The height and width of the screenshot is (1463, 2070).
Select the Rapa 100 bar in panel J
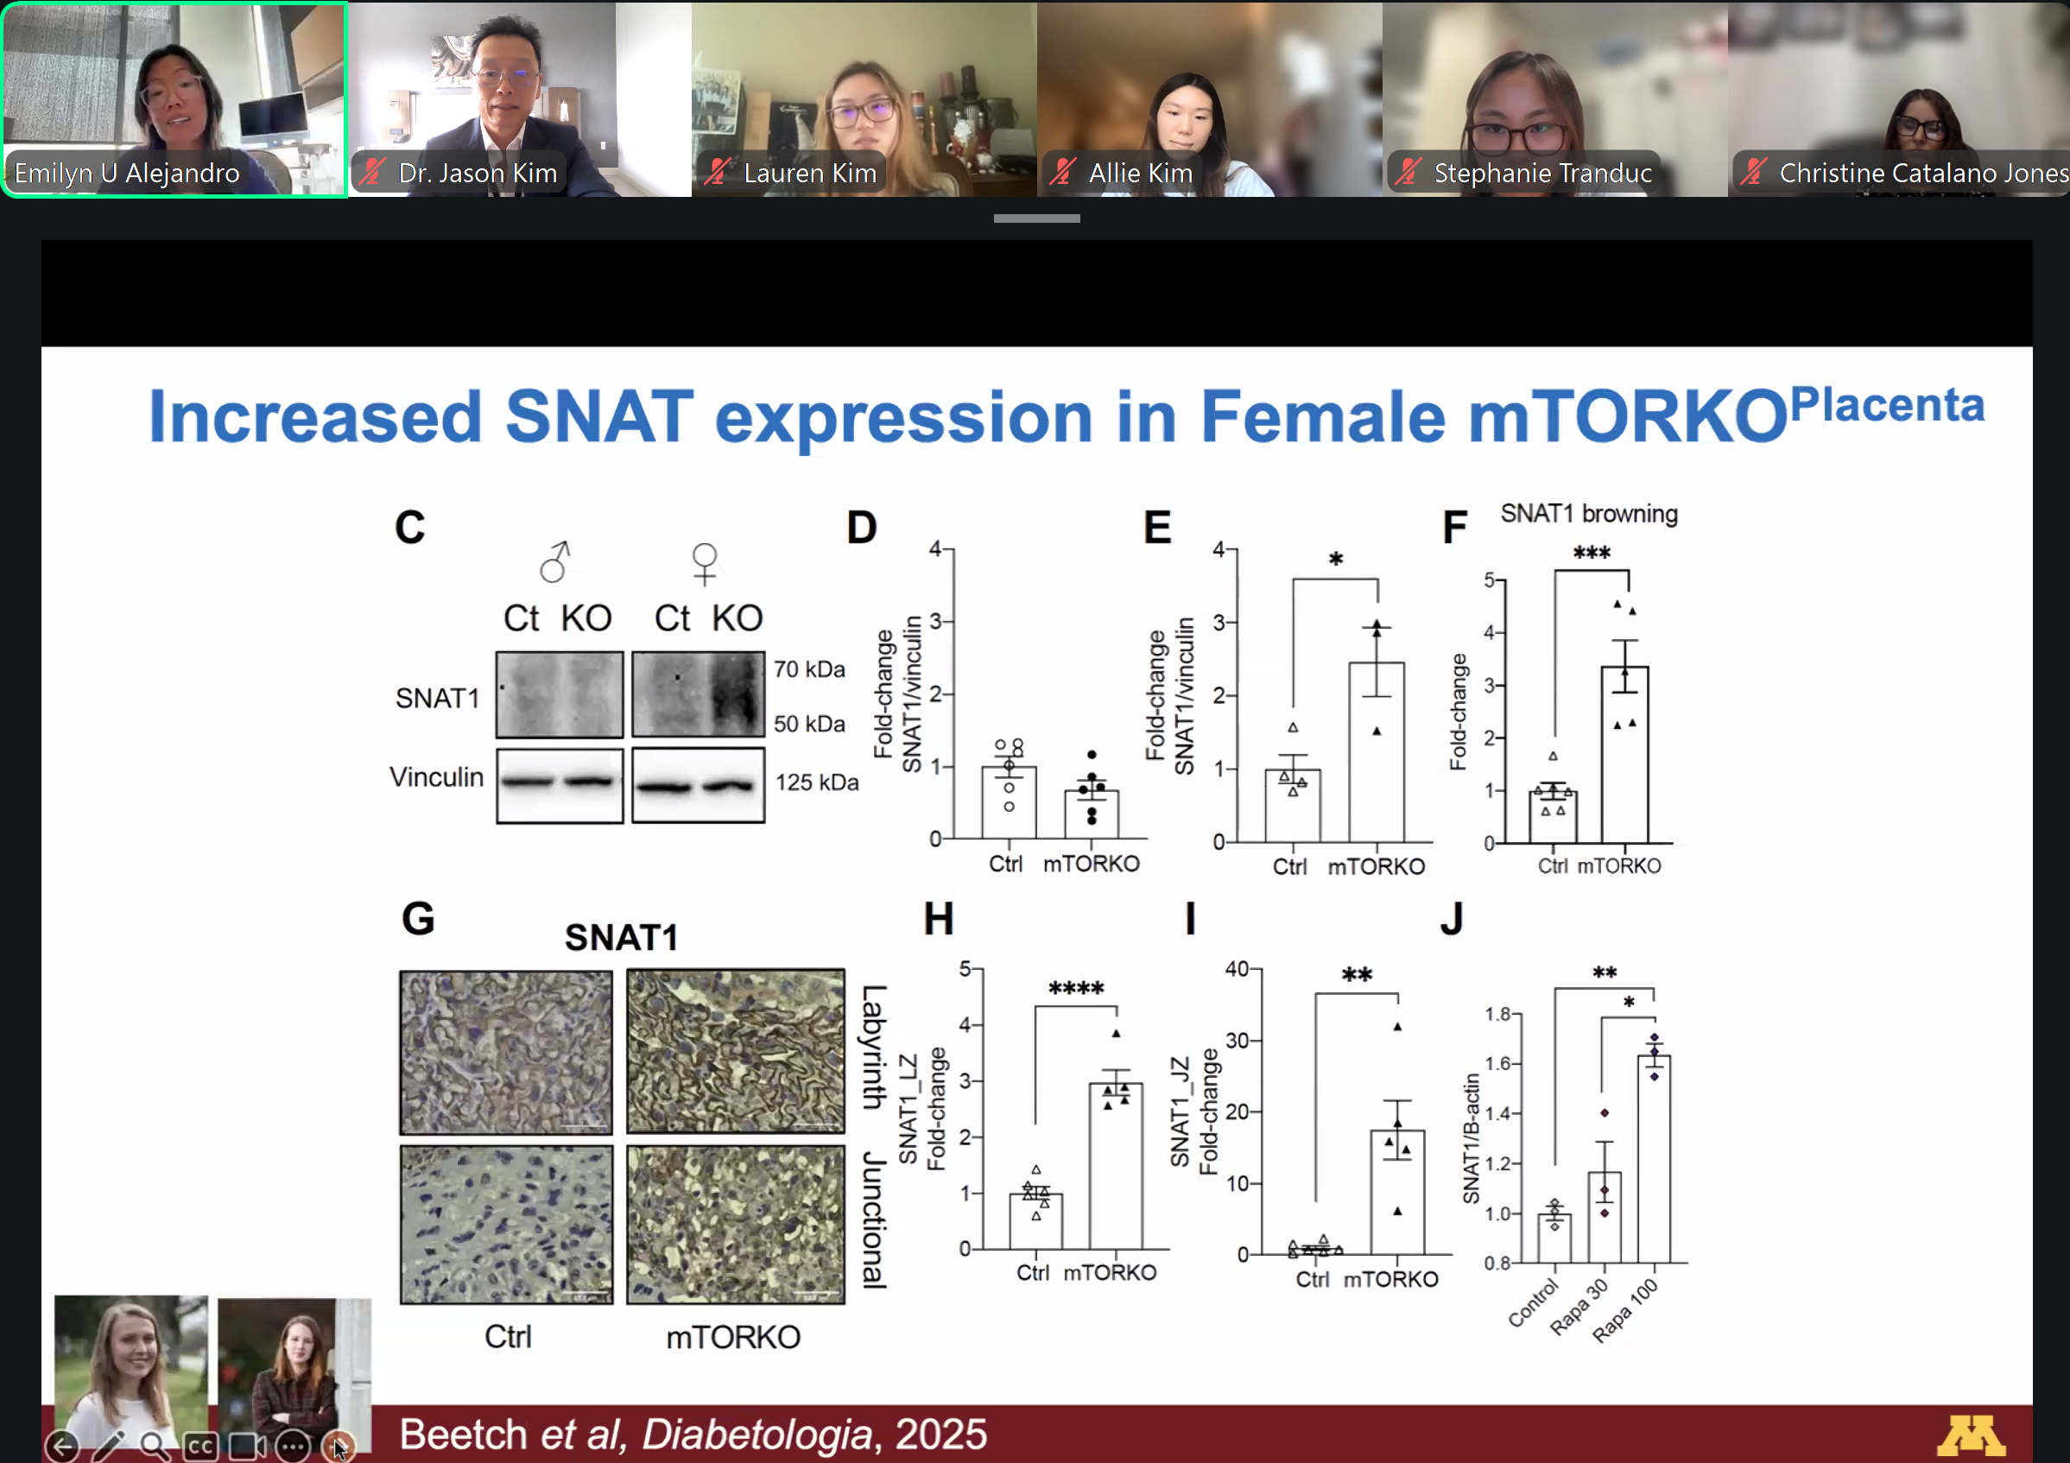[x=1654, y=1158]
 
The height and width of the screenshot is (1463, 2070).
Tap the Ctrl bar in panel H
[x=1036, y=1221]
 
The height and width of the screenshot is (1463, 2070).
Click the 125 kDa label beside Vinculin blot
[x=817, y=782]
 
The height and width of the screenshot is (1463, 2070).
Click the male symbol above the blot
[x=555, y=561]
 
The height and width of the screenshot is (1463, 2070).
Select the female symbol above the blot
[x=704, y=563]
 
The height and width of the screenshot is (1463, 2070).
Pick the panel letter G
[x=418, y=919]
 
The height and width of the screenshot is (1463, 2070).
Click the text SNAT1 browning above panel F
[x=1589, y=514]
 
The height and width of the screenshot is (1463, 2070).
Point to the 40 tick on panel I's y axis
[x=1236, y=969]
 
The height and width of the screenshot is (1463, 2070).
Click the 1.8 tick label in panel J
[x=1497, y=1014]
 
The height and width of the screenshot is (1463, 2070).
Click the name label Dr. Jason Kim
[x=478, y=172]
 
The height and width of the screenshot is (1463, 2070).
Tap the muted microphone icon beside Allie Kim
[x=1063, y=171]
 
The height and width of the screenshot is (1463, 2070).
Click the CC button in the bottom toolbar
[x=200, y=1447]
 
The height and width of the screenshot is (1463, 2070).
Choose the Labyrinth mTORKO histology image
[x=736, y=1051]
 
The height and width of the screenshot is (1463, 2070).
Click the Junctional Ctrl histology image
[x=507, y=1224]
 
